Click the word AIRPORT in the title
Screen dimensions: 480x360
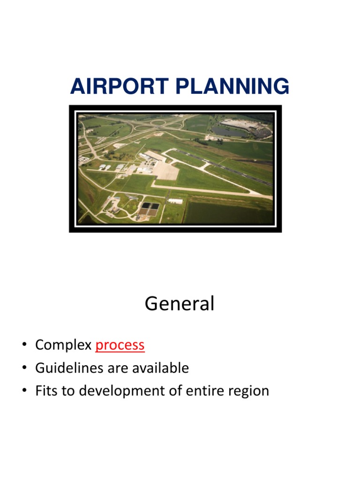(112, 87)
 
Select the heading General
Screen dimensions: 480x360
(180, 304)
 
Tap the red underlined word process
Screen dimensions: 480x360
(120, 345)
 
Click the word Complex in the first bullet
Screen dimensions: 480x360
(63, 345)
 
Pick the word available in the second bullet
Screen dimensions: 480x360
(160, 368)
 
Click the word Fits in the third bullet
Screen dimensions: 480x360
(45, 391)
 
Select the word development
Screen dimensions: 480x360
(119, 391)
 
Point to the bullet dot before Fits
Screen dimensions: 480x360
(24, 391)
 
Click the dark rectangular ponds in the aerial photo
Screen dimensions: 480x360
(149, 208)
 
